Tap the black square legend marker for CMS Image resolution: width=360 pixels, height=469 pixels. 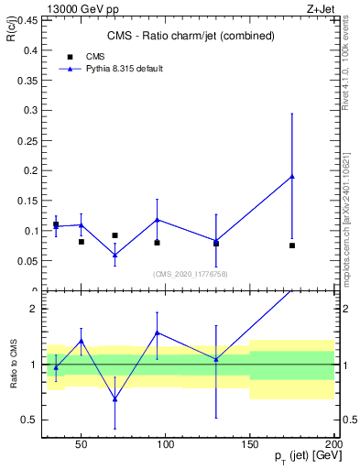[70, 57]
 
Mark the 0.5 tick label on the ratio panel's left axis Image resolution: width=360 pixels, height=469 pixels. [27, 420]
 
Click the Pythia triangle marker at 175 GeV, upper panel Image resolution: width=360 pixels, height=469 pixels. [292, 177]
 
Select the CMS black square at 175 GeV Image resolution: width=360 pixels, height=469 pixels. [292, 245]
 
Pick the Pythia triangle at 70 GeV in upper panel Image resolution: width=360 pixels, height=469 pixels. [115, 256]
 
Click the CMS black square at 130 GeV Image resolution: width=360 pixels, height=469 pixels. [216, 244]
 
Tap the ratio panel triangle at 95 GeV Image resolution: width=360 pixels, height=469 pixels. [158, 333]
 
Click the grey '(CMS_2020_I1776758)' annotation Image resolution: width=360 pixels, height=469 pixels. [191, 273]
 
